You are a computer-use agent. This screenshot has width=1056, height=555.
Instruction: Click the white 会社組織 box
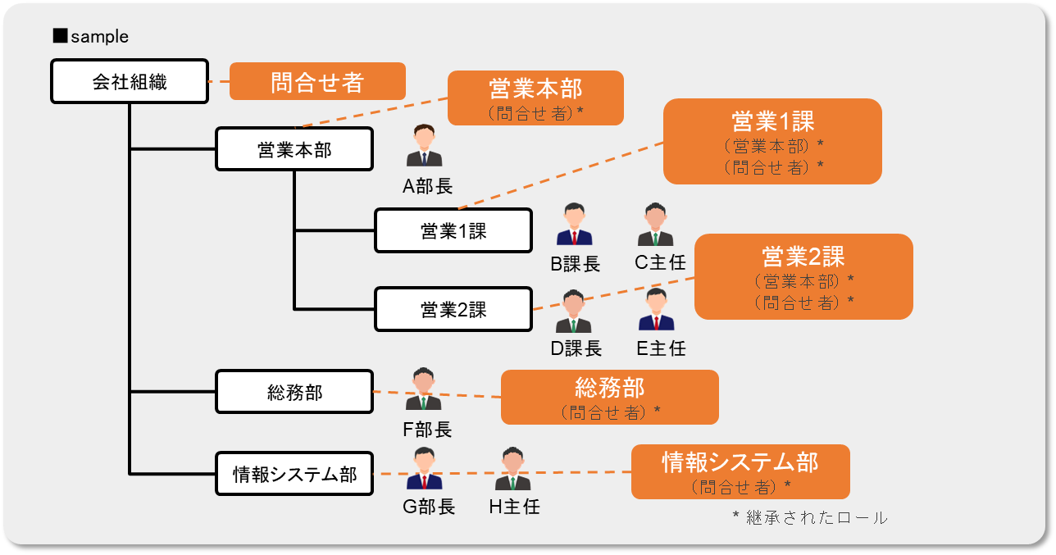point(130,81)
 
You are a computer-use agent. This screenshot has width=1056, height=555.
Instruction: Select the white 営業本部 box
point(294,148)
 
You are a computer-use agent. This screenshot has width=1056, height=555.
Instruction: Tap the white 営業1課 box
point(453,230)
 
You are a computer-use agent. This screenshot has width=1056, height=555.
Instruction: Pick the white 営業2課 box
point(453,309)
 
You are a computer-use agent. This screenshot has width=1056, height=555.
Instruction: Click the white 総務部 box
point(294,392)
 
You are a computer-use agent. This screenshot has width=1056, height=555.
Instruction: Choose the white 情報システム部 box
point(294,474)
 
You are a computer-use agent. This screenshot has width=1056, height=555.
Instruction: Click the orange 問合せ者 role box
point(317,81)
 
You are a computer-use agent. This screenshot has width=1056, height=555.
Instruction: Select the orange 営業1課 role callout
point(772,141)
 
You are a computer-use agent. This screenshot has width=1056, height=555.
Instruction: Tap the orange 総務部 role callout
point(609,397)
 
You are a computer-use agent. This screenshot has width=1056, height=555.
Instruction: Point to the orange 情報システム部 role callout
point(740,471)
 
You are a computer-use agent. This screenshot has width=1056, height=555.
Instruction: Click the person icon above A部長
point(425,147)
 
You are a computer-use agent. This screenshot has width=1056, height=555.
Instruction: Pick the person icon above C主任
point(655,225)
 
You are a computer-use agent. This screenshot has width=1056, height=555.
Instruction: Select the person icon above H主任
point(512,470)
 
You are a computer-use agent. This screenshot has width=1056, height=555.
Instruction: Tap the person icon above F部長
point(423,389)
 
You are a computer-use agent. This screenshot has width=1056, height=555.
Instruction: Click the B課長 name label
point(575,264)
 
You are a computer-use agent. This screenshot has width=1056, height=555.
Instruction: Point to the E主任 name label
point(661,348)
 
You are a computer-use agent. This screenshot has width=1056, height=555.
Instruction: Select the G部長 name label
point(428,507)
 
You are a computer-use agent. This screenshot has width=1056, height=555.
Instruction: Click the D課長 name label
point(576,348)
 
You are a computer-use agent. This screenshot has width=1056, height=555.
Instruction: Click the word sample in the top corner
point(99,37)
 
